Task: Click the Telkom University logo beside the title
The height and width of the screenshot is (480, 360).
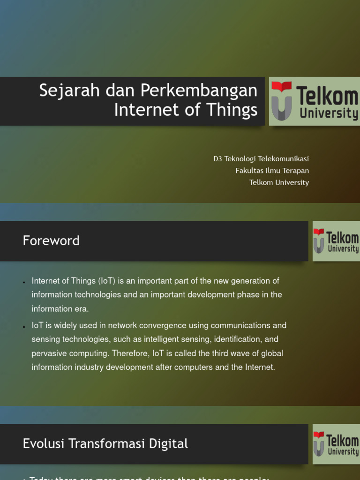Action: [315, 101]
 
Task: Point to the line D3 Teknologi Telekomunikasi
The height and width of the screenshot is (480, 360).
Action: [261, 159]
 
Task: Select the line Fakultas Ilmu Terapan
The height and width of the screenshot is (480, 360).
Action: [272, 171]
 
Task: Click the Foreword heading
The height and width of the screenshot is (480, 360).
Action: [51, 241]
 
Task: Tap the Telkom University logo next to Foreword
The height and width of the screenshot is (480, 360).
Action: [336, 241]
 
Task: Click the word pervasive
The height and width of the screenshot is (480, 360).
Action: [47, 353]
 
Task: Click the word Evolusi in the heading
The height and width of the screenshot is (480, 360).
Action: [41, 444]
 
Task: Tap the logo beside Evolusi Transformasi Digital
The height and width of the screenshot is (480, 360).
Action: [336, 444]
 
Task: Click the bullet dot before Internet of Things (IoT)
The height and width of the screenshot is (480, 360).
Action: [24, 282]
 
